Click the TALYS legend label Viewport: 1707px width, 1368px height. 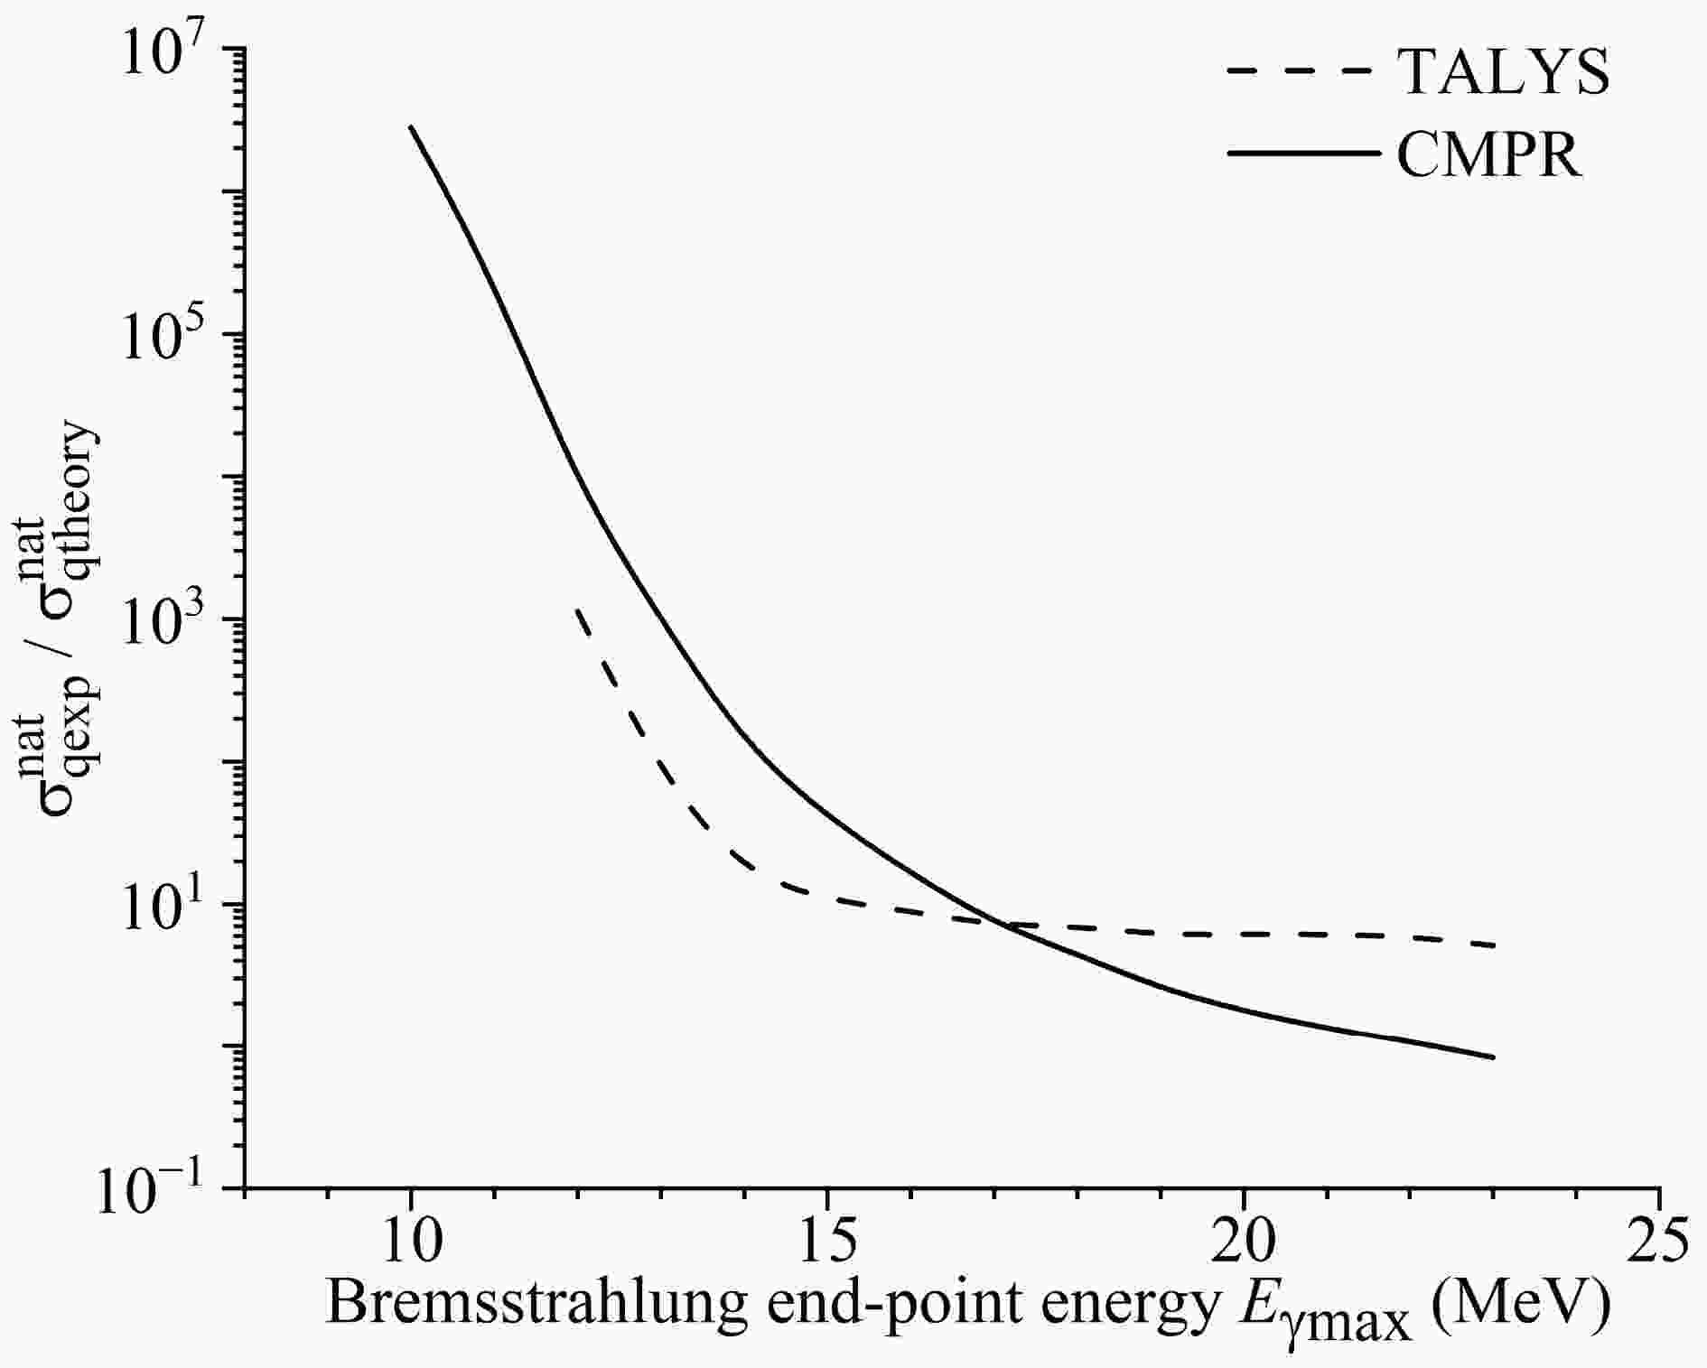coord(1503,71)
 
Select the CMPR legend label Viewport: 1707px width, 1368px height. coord(1489,154)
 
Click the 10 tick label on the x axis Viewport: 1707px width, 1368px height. coord(411,1243)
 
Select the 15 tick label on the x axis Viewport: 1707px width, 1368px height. coord(827,1243)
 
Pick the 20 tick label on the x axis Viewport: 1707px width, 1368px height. coord(1244,1243)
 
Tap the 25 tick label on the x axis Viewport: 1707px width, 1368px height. coord(1660,1243)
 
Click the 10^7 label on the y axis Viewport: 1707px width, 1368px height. coord(167,48)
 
